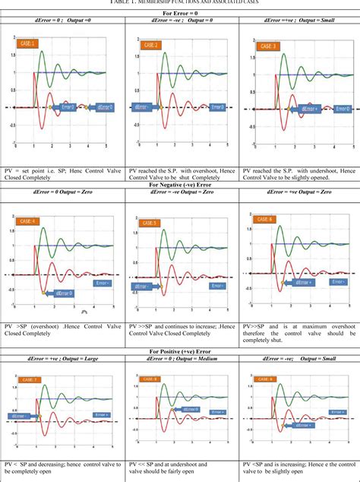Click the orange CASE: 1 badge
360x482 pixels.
[29, 45]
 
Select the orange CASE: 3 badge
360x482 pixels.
[267, 46]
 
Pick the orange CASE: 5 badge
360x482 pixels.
[149, 223]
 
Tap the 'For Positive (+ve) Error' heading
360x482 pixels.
[180, 351]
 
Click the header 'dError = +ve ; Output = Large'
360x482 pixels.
[59, 360]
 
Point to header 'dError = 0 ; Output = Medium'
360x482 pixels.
[180, 360]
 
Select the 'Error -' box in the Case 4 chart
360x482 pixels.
[103, 283]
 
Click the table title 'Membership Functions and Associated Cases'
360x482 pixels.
[180, 3]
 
